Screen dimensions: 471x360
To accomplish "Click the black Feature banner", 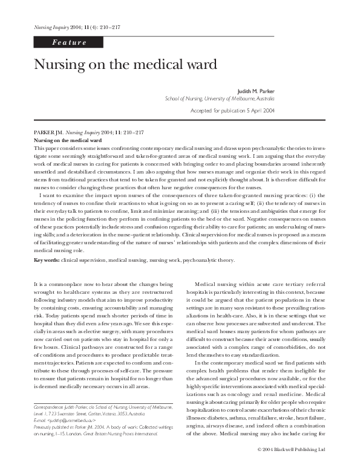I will click(68, 42).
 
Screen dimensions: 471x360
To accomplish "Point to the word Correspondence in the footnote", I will click(48, 407).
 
